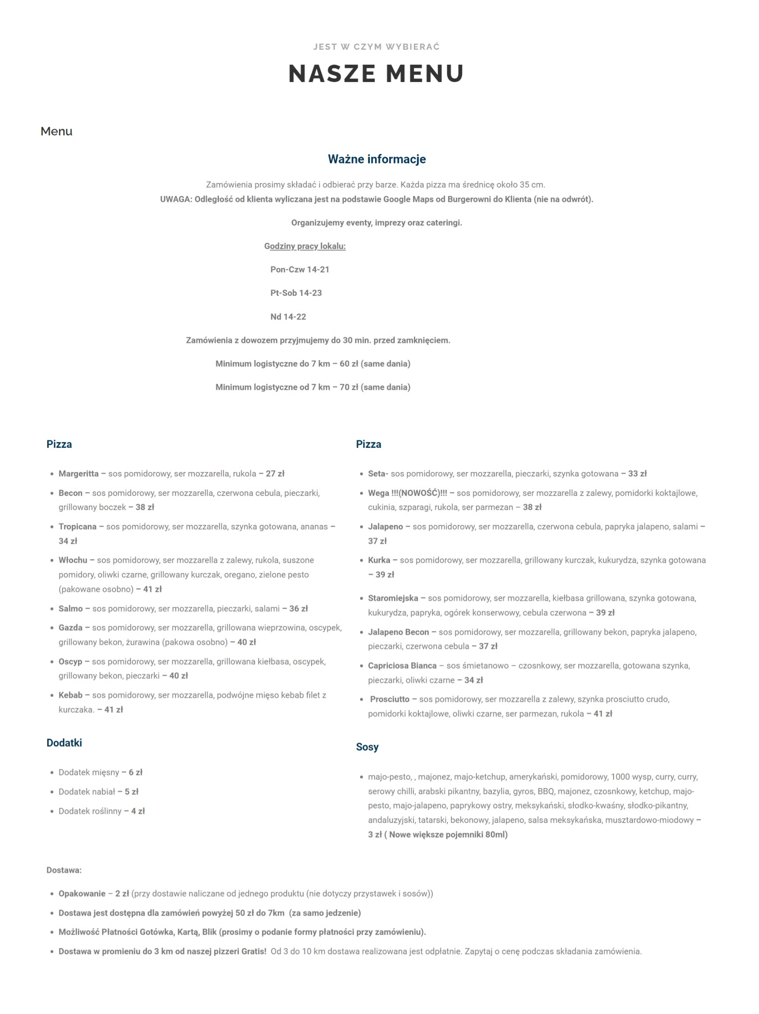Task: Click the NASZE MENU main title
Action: click(x=376, y=73)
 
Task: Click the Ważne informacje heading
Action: click(x=376, y=159)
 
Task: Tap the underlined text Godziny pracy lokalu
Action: click(x=305, y=246)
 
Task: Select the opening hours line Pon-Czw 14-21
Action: click(x=299, y=270)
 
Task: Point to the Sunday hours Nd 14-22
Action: click(x=288, y=317)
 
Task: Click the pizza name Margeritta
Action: click(x=78, y=474)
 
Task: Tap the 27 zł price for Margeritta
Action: click(x=275, y=474)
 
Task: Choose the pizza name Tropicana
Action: click(x=78, y=527)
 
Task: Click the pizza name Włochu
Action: click(x=73, y=560)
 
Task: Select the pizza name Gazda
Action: click(x=71, y=628)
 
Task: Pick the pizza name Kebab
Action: click(x=71, y=695)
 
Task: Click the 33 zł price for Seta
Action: click(x=637, y=474)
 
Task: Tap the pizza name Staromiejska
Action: click(x=393, y=598)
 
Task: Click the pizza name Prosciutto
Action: click(x=389, y=699)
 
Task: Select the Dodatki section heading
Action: click(x=64, y=743)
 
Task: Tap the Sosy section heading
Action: click(x=367, y=747)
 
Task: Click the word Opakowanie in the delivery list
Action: click(x=82, y=893)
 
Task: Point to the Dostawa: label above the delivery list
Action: click(x=64, y=870)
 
